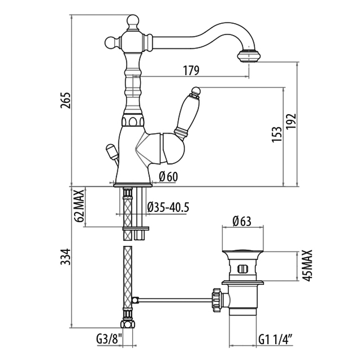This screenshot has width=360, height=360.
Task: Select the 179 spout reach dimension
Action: click(x=190, y=70)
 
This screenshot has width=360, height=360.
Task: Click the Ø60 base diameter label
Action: click(x=168, y=176)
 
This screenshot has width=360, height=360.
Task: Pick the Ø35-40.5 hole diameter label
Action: click(x=168, y=207)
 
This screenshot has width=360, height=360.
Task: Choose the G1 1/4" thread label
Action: click(x=275, y=339)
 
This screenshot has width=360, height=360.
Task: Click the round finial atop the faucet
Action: click(x=132, y=22)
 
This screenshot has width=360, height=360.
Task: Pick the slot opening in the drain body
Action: click(x=242, y=268)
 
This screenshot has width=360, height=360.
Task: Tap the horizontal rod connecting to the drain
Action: click(x=172, y=299)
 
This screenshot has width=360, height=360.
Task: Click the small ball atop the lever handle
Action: click(x=195, y=93)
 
